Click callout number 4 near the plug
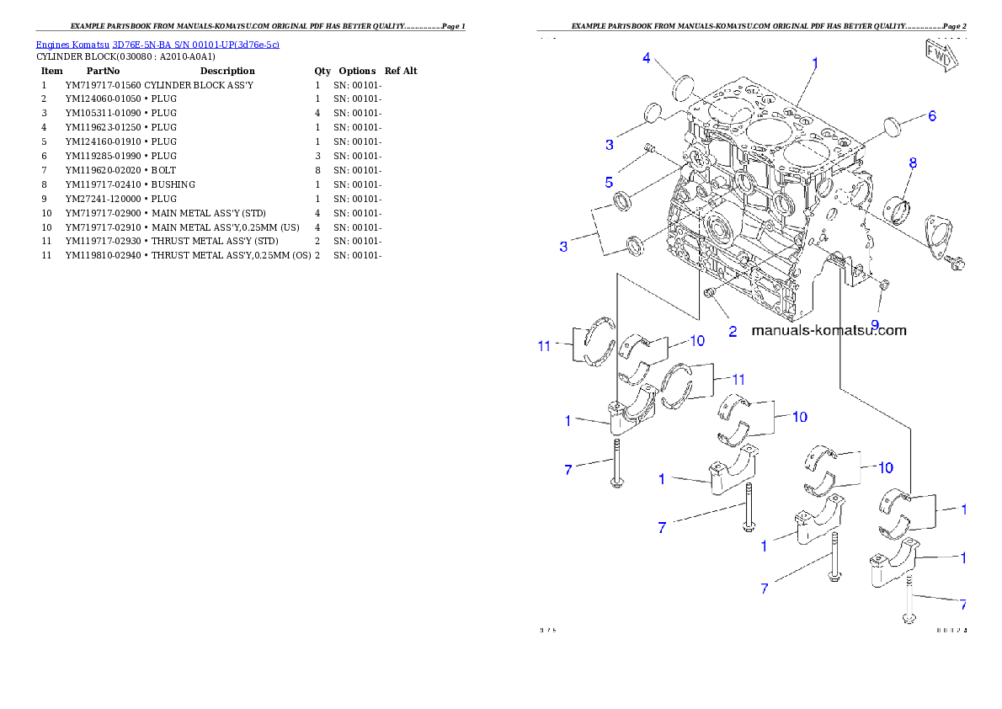coord(647,58)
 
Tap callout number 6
coord(932,116)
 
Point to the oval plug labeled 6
coord(893,128)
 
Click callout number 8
coord(913,163)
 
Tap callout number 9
coord(875,324)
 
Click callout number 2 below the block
coord(733,331)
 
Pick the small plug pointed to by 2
coord(711,292)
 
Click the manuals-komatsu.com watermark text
coord(829,330)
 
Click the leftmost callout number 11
coord(545,345)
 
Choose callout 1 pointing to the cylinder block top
coord(815,62)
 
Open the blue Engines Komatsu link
coord(157,44)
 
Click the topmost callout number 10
coord(697,340)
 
